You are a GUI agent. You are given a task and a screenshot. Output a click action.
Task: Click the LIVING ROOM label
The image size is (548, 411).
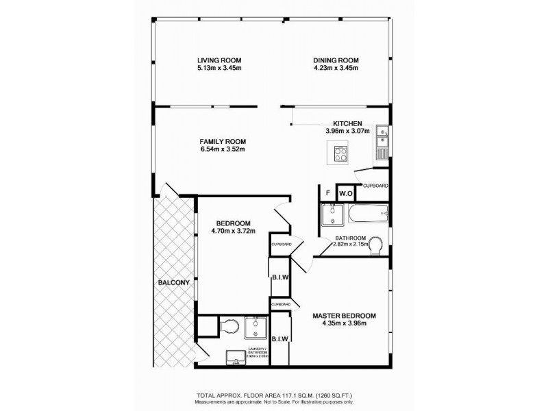coord(219,60)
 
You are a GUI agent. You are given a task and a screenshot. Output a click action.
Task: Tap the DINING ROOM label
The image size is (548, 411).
coord(336,60)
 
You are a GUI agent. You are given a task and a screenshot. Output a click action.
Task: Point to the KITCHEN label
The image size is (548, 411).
coord(347,123)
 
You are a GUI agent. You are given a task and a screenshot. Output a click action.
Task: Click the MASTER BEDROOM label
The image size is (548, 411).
coord(344,316)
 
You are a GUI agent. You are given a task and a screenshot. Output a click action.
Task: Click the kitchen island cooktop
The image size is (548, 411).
coord(339,153)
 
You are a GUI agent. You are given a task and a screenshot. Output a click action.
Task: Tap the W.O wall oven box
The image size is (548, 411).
coord(345,194)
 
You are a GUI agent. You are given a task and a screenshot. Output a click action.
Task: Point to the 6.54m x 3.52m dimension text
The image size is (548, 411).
coord(222,149)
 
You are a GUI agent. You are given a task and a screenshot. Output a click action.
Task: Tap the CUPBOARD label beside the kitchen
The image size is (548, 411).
coord(376,186)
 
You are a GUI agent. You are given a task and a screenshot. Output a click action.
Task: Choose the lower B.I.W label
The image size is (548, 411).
coord(280,338)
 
